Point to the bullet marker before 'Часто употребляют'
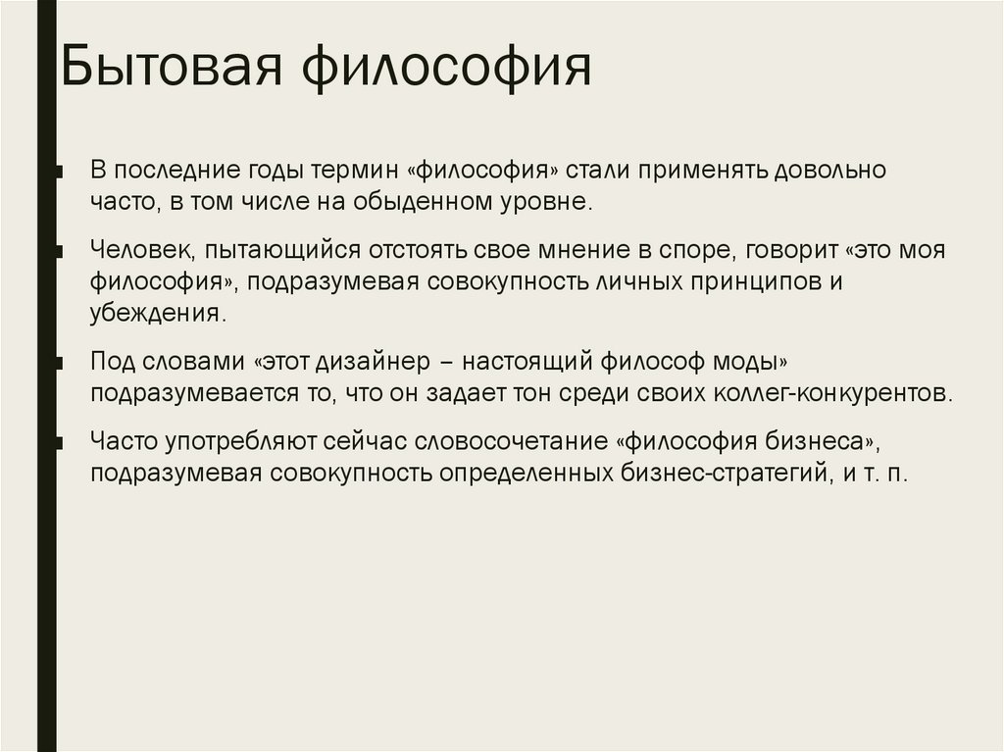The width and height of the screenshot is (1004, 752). click(x=60, y=442)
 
